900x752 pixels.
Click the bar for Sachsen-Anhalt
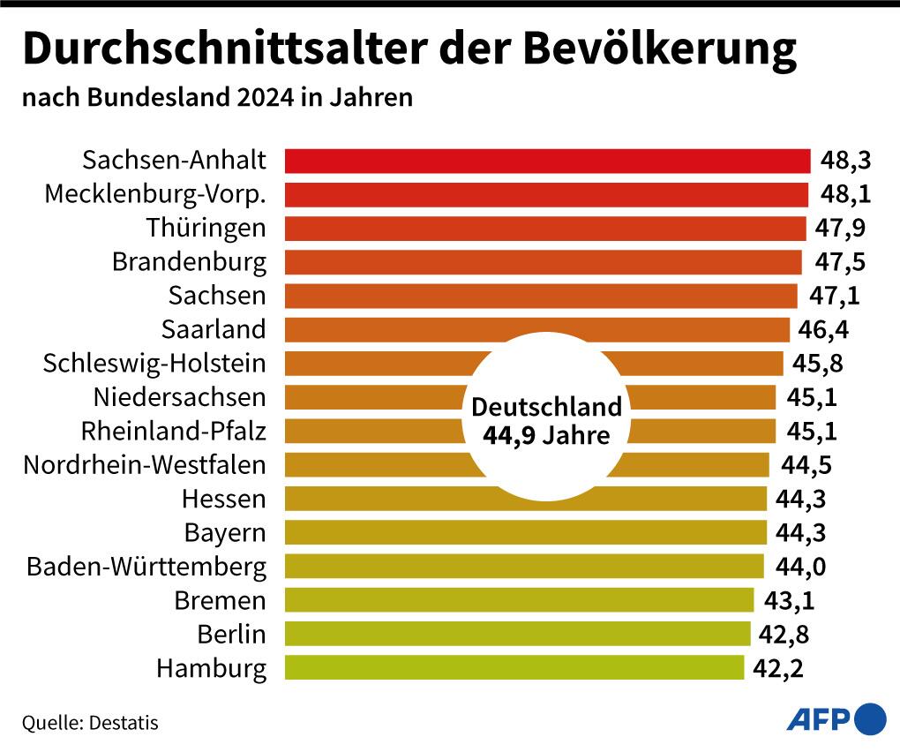coord(547,161)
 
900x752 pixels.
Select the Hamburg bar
coord(514,667)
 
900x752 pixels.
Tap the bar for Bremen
coord(520,600)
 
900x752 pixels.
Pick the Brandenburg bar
coord(544,262)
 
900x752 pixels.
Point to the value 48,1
coord(843,194)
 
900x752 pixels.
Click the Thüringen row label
coord(206,228)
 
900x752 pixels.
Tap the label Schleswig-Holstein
coord(154,363)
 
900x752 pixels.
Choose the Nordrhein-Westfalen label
coord(145,464)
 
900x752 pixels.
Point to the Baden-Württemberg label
coord(146,566)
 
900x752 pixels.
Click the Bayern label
coord(225,533)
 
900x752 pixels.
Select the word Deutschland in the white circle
coord(547,408)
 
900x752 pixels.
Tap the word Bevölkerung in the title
coord(660,50)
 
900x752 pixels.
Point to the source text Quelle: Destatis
coord(90,723)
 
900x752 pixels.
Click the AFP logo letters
coord(818,719)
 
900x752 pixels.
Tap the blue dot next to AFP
coord(871,718)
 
